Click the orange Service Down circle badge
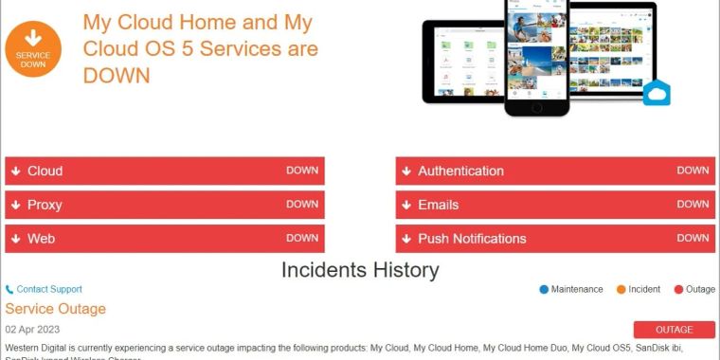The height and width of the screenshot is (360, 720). (33, 49)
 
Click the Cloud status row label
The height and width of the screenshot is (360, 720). (45, 171)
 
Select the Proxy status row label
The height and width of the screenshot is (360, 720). (45, 205)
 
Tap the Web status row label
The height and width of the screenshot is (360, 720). (41, 239)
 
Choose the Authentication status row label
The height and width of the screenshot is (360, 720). (460, 171)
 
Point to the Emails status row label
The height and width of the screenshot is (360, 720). (438, 205)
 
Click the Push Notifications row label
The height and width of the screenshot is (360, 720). (472, 239)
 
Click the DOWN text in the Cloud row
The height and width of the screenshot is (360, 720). (302, 171)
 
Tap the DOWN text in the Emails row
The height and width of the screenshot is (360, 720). (693, 204)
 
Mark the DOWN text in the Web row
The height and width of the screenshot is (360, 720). (302, 238)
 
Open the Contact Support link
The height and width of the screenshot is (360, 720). (48, 289)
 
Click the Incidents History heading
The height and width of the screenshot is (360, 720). (360, 270)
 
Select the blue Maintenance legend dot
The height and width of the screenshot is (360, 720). (544, 289)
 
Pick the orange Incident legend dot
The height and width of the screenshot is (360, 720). (621, 289)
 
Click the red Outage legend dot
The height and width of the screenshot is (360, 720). (678, 289)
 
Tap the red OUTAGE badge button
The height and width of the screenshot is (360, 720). (675, 330)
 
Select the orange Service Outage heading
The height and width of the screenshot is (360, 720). (55, 309)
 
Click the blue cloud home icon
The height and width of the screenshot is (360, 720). (657, 93)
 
